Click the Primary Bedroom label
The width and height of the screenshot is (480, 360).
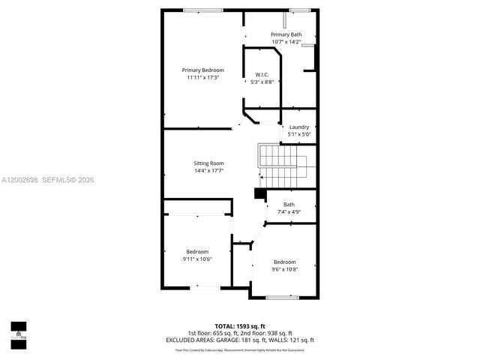(202, 70)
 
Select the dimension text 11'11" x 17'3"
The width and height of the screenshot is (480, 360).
(202, 78)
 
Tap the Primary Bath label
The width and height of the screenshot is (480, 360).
(286, 34)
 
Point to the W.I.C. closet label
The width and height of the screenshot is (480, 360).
(262, 74)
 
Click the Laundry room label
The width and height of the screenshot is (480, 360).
(299, 127)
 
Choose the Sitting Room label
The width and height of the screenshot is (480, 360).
(208, 163)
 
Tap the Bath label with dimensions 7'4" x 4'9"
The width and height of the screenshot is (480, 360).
(289, 205)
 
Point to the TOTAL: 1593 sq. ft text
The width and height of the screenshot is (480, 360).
(240, 325)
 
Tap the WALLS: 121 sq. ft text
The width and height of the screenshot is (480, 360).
(293, 340)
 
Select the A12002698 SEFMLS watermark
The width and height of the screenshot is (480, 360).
(46, 180)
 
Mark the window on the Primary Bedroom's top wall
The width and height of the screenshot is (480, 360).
(197, 10)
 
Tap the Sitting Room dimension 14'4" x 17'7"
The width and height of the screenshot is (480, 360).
(208, 171)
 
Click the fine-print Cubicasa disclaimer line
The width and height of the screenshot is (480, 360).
(240, 349)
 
